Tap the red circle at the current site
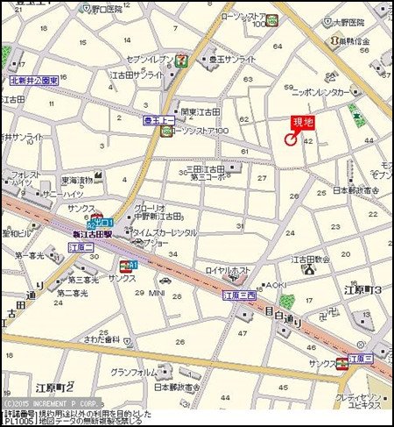tap(291, 138)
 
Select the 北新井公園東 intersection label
tap(33, 80)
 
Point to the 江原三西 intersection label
tap(239, 295)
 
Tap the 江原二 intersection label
tap(81, 248)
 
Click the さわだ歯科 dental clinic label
tap(100, 339)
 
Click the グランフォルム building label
tap(134, 372)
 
